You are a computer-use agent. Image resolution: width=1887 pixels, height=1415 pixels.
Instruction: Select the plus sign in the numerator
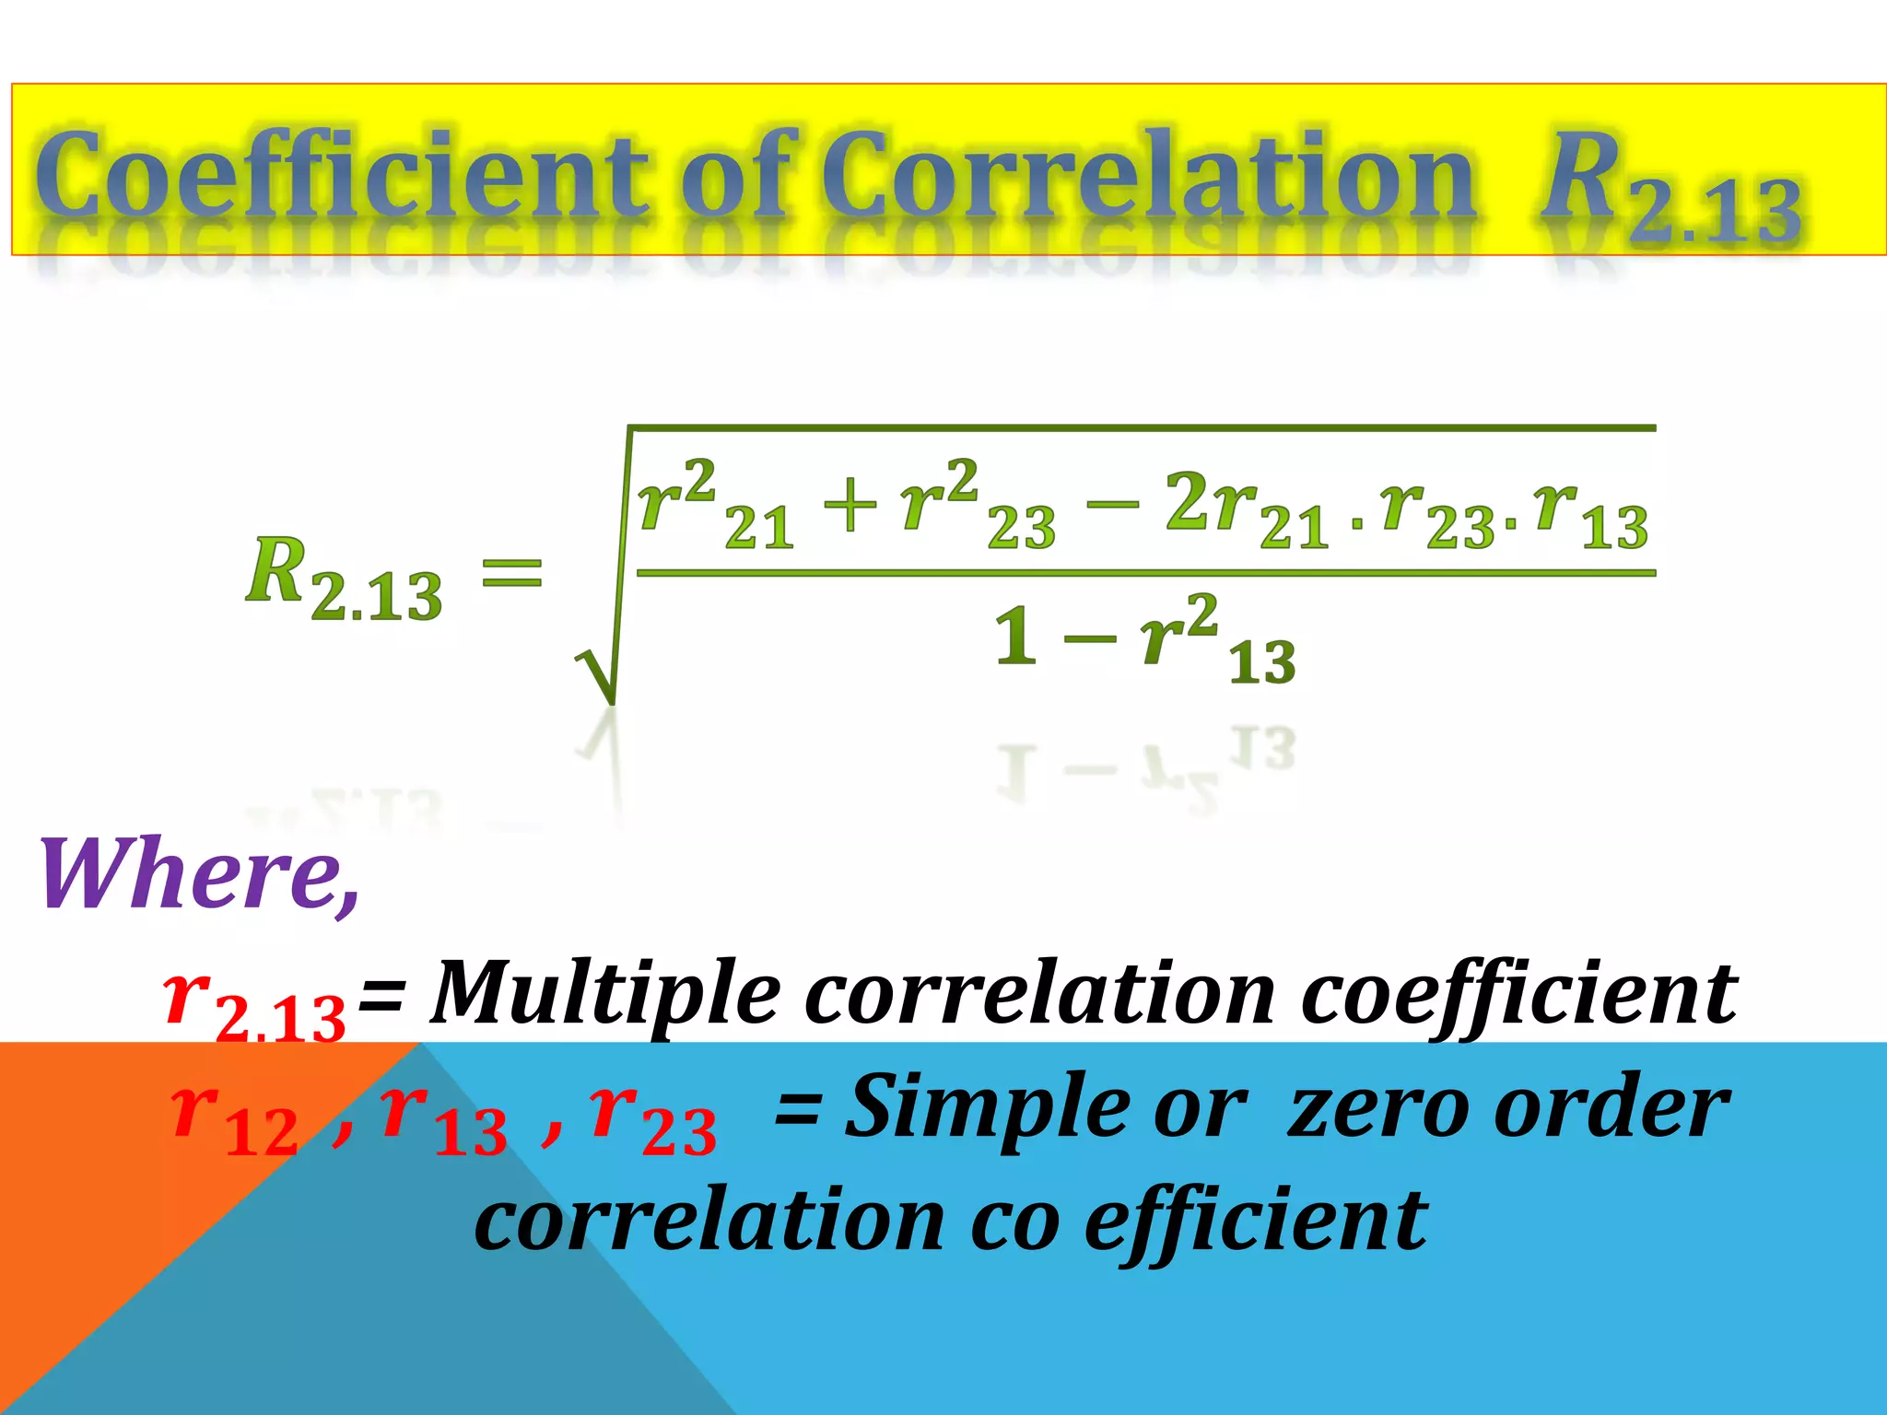[x=850, y=508]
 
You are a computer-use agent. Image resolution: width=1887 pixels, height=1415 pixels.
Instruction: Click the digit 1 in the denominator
[x=1015, y=637]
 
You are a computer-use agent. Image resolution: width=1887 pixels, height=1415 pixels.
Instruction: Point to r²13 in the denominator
[x=1216, y=640]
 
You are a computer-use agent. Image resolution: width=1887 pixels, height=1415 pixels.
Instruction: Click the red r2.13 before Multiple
[x=254, y=1004]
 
